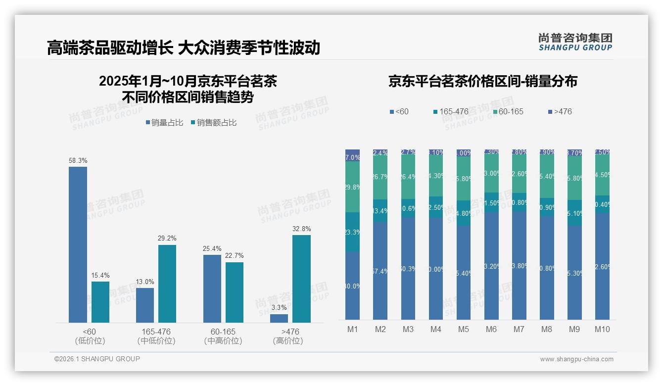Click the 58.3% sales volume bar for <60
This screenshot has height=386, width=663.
click(78, 244)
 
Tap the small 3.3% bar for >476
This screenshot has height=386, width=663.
click(279, 318)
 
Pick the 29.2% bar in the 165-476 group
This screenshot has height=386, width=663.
click(167, 284)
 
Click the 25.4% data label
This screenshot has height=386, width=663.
click(212, 249)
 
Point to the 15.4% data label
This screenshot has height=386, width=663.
click(100, 276)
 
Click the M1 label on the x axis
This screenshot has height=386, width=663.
click(352, 330)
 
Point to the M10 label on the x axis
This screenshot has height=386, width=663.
click(602, 330)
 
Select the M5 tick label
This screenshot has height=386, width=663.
click(464, 330)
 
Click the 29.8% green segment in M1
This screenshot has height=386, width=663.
click(353, 187)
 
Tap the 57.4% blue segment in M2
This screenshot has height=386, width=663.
click(380, 271)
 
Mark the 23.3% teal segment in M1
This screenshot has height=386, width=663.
click(353, 232)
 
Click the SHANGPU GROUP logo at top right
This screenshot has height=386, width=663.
click(575, 42)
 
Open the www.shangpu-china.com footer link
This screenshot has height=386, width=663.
click(576, 359)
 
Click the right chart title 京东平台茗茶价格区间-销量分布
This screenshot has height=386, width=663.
click(482, 81)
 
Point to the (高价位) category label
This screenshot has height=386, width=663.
click(287, 341)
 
